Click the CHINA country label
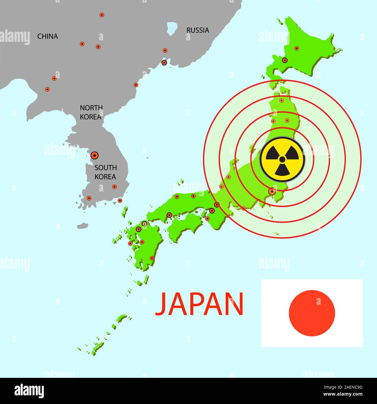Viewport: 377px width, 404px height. [x=48, y=36]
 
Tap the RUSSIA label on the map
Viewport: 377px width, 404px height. [x=197, y=30]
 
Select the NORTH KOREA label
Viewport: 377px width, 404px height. [x=91, y=112]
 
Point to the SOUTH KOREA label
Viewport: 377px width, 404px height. [x=106, y=172]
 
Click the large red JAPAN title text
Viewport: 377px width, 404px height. [x=199, y=304]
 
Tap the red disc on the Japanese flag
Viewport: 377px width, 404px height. [x=312, y=313]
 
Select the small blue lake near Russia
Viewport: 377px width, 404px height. [x=172, y=28]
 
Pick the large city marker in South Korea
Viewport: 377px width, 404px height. [x=95, y=155]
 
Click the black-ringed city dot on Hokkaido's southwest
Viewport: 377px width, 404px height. [x=285, y=60]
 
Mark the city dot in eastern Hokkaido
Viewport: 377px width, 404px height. [x=296, y=48]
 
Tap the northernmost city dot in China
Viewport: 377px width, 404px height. [x=101, y=15]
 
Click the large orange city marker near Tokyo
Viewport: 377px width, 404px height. [x=272, y=191]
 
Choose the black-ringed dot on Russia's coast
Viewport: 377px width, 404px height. [x=164, y=62]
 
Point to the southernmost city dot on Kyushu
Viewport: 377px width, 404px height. [x=152, y=258]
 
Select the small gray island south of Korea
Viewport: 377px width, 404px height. [x=83, y=226]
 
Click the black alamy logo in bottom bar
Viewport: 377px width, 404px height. [x=29, y=391]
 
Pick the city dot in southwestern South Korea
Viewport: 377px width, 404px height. [x=89, y=198]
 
